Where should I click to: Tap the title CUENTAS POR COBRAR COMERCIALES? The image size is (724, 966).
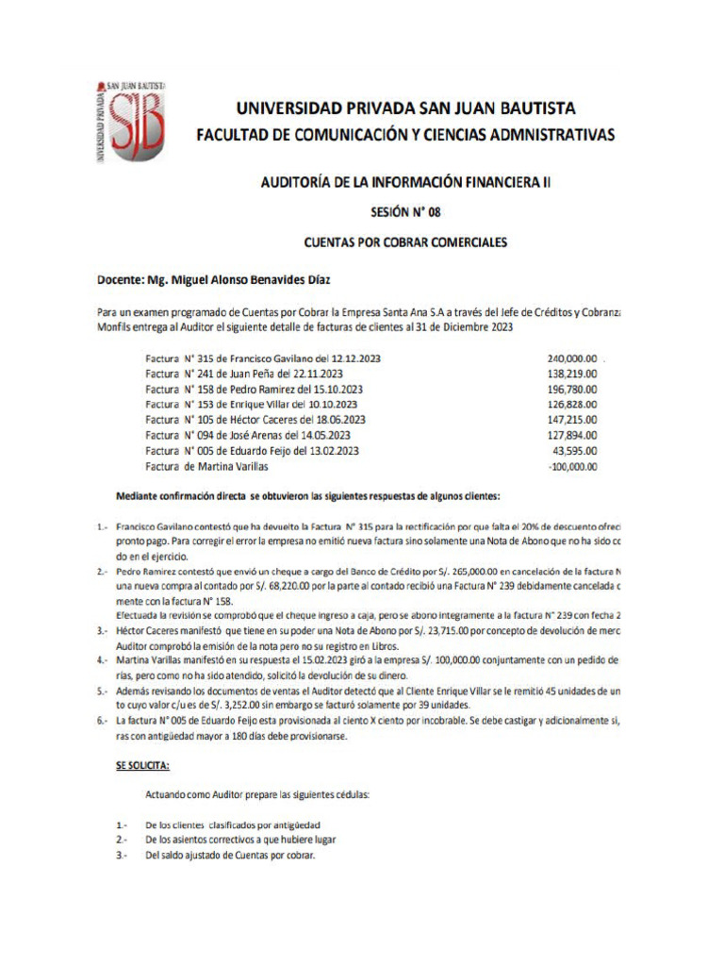click(405, 242)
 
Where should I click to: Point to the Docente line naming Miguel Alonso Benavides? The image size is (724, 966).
click(214, 280)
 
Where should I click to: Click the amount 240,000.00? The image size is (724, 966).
click(572, 358)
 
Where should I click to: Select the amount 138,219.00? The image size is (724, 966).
click(572, 374)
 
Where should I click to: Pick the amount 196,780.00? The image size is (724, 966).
click(572, 389)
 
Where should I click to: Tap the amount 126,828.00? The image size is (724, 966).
click(572, 404)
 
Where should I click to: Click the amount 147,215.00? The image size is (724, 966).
click(572, 420)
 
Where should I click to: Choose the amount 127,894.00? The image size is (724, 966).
click(572, 435)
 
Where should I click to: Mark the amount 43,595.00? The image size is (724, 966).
click(575, 451)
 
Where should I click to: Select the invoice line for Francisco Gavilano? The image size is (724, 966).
click(263, 358)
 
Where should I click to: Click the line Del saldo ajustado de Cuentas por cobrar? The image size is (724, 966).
click(230, 856)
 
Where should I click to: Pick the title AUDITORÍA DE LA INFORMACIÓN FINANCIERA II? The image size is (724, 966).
click(405, 182)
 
